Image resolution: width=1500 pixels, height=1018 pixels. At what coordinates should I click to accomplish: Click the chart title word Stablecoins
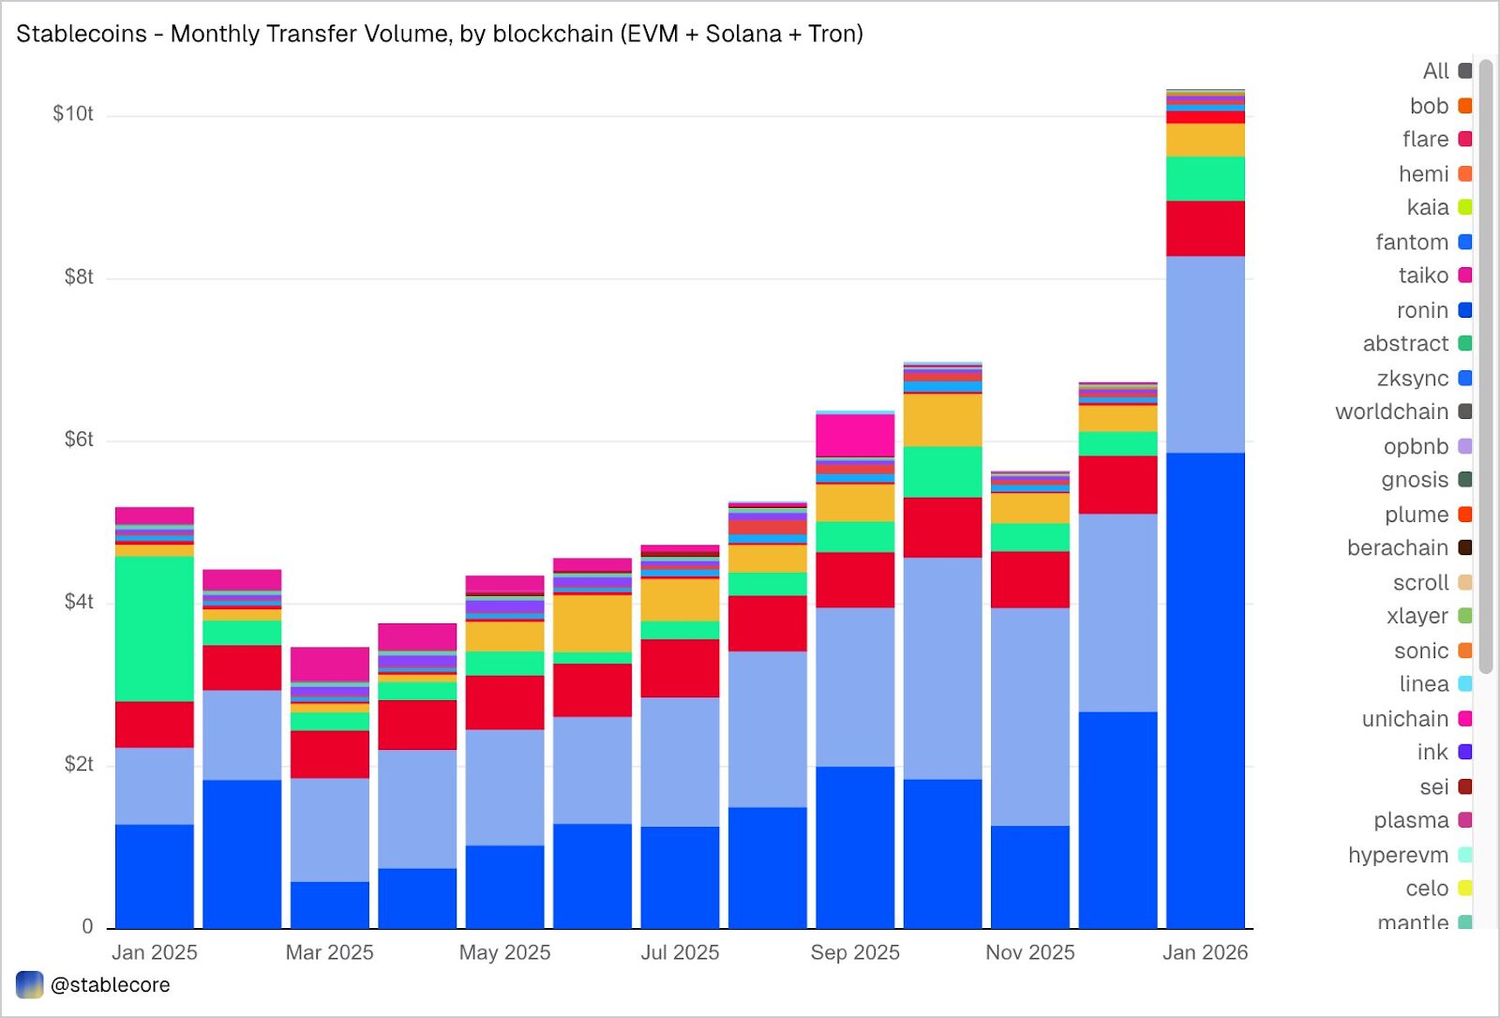tap(82, 34)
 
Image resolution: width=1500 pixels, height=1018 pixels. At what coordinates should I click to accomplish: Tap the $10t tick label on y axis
tap(72, 114)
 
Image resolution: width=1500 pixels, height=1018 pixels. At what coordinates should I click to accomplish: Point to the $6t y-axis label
tap(78, 440)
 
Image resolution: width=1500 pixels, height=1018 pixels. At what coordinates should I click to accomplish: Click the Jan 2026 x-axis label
tap(1205, 952)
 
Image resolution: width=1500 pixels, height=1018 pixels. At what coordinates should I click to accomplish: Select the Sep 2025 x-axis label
tap(854, 952)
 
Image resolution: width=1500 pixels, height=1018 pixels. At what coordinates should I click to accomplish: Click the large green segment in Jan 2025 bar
tap(154, 628)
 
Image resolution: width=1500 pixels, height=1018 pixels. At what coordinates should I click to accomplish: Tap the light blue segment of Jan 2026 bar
tap(1205, 354)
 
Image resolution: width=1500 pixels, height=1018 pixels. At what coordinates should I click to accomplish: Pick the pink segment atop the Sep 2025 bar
tap(854, 435)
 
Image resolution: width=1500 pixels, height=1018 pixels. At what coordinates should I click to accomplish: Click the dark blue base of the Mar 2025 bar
tap(329, 905)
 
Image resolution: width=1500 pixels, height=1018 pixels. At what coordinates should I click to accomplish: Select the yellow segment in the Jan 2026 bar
tap(1205, 140)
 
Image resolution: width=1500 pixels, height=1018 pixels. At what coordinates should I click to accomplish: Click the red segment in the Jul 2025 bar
tap(680, 667)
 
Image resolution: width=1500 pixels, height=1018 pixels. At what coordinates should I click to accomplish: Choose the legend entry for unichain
tap(1404, 719)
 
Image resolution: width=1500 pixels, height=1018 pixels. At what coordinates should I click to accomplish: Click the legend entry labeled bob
tap(1429, 106)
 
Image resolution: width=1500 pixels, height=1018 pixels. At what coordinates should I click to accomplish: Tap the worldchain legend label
tap(1391, 412)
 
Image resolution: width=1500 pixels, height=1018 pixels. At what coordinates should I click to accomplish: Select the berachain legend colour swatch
tap(1464, 547)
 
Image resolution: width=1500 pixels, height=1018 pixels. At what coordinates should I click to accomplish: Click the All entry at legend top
tap(1435, 71)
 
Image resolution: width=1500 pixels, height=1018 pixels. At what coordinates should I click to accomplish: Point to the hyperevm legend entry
tap(1398, 855)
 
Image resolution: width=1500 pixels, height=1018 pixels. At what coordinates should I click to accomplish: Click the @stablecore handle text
tap(110, 985)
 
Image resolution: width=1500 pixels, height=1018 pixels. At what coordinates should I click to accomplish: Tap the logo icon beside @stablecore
tap(30, 985)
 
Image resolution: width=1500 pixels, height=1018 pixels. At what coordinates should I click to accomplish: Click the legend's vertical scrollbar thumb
tap(1486, 366)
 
